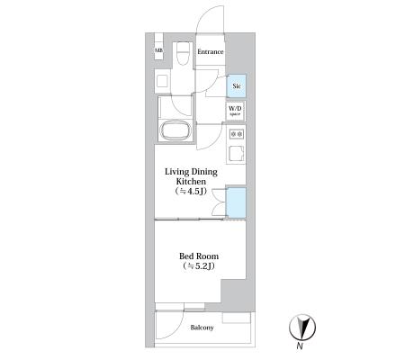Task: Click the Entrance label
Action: pos(211,51)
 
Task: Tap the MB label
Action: pos(158,50)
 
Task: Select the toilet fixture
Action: pos(183,53)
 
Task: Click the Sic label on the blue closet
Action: pos(237,86)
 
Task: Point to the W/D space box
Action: pos(235,111)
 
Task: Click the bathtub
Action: pos(175,130)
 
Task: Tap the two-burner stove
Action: pos(237,134)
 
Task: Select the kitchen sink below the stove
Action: pos(237,154)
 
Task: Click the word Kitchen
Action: pos(191,182)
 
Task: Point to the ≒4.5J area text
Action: pos(191,192)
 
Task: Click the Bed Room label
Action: pos(199,256)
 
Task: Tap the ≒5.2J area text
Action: pos(199,266)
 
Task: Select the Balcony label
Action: pos(202,328)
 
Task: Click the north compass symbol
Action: pos(302,328)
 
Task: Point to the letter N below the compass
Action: pos(300,346)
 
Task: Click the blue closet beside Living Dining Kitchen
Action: pos(236,202)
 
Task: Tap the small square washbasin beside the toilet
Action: pos(162,81)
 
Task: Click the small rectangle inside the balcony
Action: pos(237,318)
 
